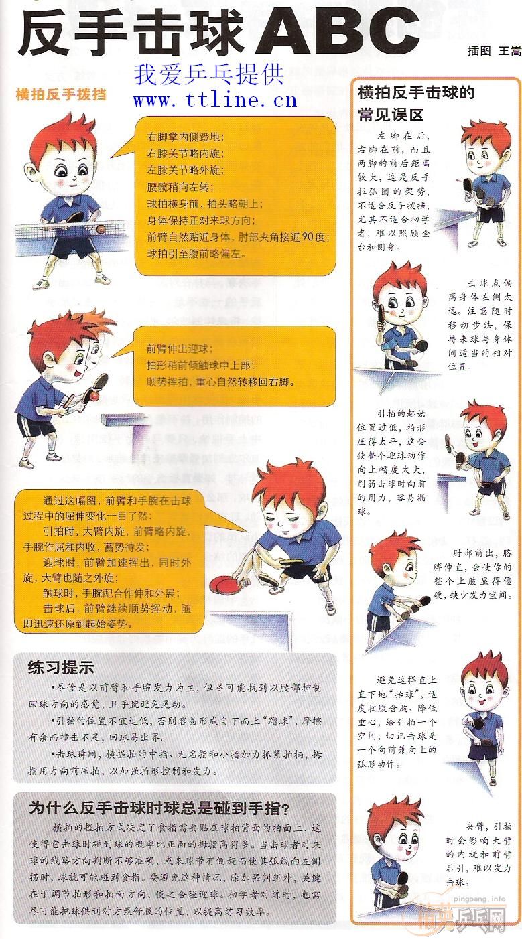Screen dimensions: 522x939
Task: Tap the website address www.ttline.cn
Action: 214,100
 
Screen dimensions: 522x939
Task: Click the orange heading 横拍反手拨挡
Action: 61,94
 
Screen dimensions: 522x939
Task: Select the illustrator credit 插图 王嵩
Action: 495,51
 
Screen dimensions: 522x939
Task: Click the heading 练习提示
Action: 61,667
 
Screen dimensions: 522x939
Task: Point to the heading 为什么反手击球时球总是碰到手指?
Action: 159,808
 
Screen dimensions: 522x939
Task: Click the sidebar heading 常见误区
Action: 391,114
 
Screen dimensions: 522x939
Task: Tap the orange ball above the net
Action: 101,229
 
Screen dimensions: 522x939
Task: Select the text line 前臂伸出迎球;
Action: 180,348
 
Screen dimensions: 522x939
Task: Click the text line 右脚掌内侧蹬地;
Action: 186,137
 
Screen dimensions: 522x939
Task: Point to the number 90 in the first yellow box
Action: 308,237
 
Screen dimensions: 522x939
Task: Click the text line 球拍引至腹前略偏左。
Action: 196,254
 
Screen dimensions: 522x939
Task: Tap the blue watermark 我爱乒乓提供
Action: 209,74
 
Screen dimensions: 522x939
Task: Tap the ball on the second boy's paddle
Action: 95,396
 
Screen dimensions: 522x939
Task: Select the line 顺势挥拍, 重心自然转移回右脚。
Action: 221,382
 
